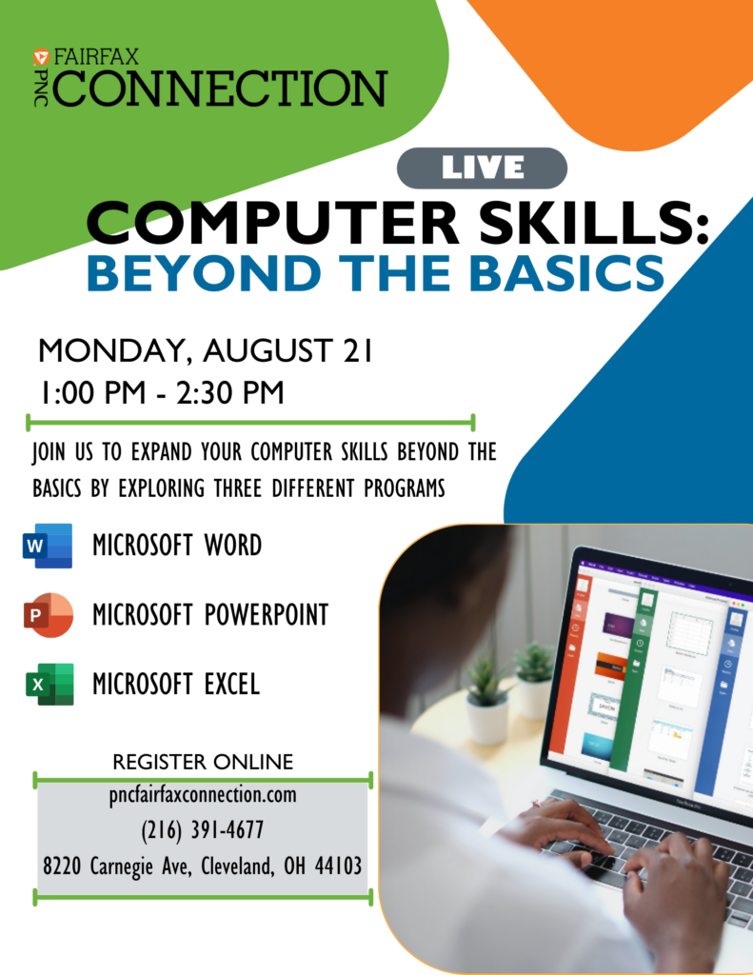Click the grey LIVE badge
[x=482, y=168]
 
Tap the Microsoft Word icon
[x=48, y=546]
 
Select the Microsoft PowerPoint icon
[x=48, y=615]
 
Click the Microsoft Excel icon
[x=50, y=684]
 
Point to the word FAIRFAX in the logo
[x=96, y=57]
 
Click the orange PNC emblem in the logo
[x=41, y=57]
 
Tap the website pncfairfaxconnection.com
[x=203, y=795]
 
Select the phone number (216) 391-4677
[x=203, y=830]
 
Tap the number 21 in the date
[x=358, y=350]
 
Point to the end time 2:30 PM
[x=230, y=393]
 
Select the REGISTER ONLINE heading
[x=203, y=762]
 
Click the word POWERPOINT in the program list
[x=267, y=615]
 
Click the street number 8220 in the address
[x=62, y=866]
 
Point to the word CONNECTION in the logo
[x=221, y=89]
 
